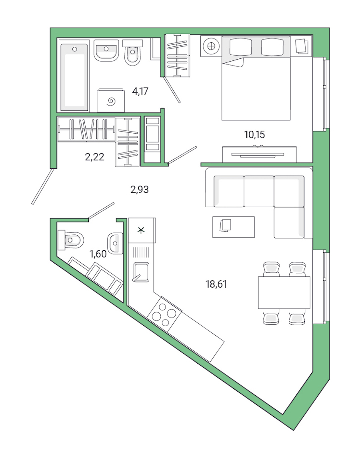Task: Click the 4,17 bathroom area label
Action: pyautogui.click(x=140, y=91)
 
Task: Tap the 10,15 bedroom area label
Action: pyautogui.click(x=254, y=135)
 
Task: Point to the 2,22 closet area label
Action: pyautogui.click(x=94, y=157)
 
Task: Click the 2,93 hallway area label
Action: pyautogui.click(x=139, y=190)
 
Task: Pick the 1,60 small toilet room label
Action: pyautogui.click(x=98, y=254)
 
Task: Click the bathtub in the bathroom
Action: pyautogui.click(x=74, y=77)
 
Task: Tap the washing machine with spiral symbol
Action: pyautogui.click(x=111, y=101)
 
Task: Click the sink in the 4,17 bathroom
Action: pyautogui.click(x=106, y=51)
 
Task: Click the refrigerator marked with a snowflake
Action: pyautogui.click(x=141, y=230)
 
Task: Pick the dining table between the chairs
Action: pyautogui.click(x=284, y=292)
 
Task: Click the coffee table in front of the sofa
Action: pyautogui.click(x=233, y=227)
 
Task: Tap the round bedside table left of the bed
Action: pyautogui.click(x=211, y=46)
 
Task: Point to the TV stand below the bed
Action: pyautogui.click(x=260, y=154)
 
